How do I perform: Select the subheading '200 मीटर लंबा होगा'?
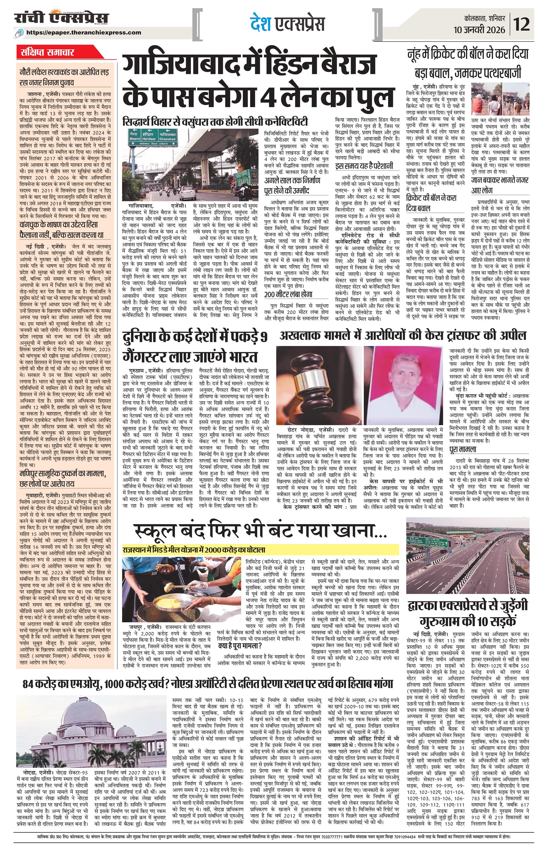[x=289, y=294]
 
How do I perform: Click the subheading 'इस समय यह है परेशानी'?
[x=364, y=166]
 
